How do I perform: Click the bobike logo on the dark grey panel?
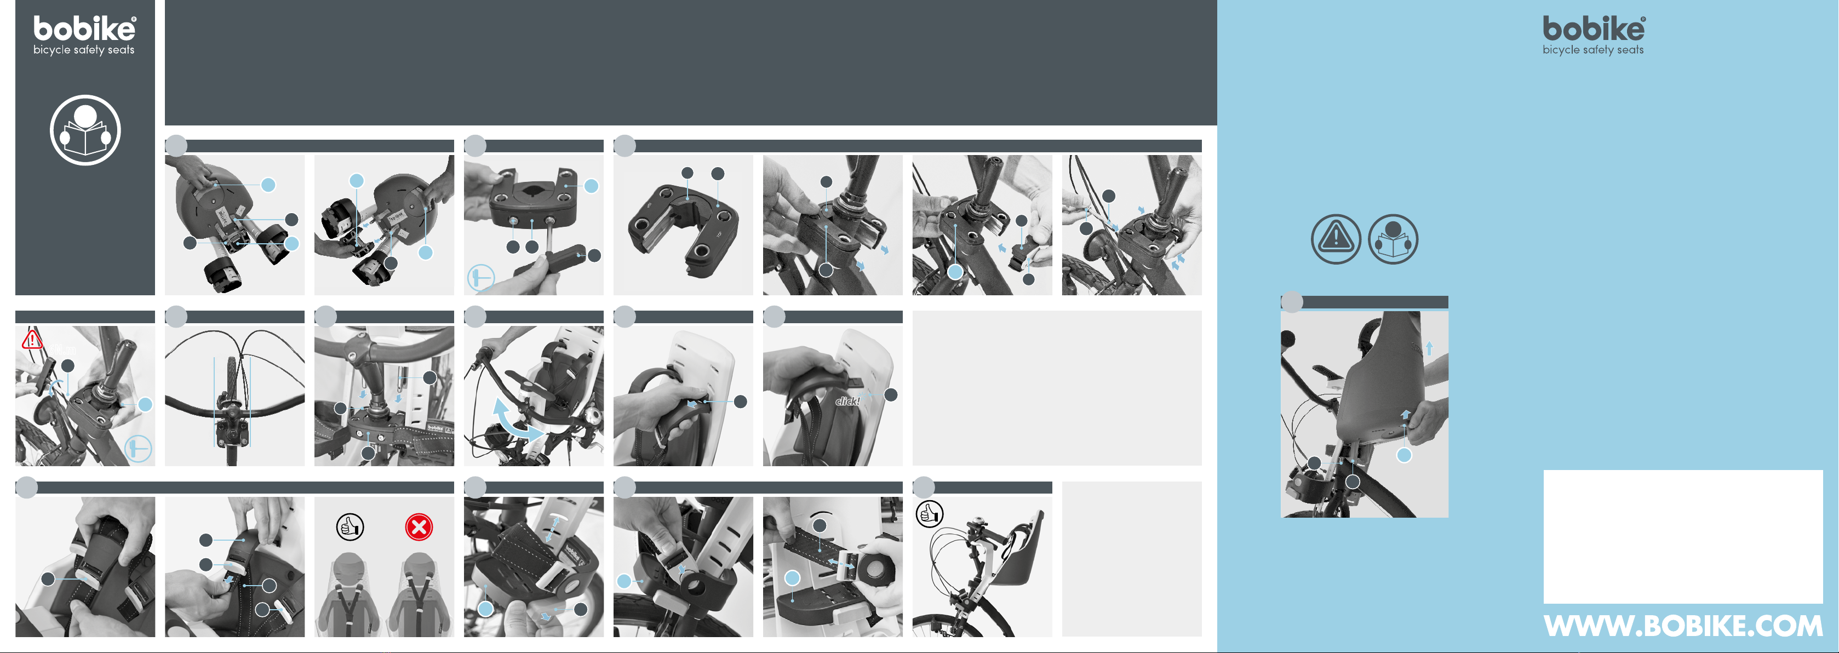point(84,29)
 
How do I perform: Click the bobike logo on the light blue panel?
point(1594,29)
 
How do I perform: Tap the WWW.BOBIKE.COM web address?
point(1683,626)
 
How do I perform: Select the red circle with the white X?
point(419,528)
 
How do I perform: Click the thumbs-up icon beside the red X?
point(350,528)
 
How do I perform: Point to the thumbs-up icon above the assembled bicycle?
point(930,513)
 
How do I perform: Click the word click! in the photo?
point(847,401)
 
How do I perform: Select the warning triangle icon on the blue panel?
point(1336,239)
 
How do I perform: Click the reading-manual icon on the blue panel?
point(1393,239)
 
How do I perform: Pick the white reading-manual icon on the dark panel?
point(85,130)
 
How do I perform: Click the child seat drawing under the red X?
point(419,594)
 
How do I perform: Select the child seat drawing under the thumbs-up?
point(350,594)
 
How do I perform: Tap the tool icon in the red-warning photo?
point(139,449)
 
